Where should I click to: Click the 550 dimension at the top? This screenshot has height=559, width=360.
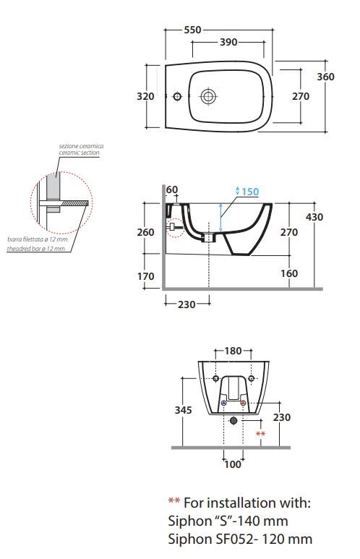[192, 30]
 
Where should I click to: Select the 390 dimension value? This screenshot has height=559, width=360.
[228, 42]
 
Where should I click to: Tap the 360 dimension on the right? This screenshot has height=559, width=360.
[325, 77]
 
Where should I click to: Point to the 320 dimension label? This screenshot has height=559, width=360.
[145, 96]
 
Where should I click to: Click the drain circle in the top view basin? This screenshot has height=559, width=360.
[208, 96]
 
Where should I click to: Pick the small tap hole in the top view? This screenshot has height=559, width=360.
[177, 96]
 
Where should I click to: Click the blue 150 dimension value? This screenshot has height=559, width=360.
[250, 192]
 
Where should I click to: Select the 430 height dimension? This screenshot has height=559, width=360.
[314, 217]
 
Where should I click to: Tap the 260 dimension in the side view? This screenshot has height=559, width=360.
[146, 232]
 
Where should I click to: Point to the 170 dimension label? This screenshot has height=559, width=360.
[146, 276]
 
